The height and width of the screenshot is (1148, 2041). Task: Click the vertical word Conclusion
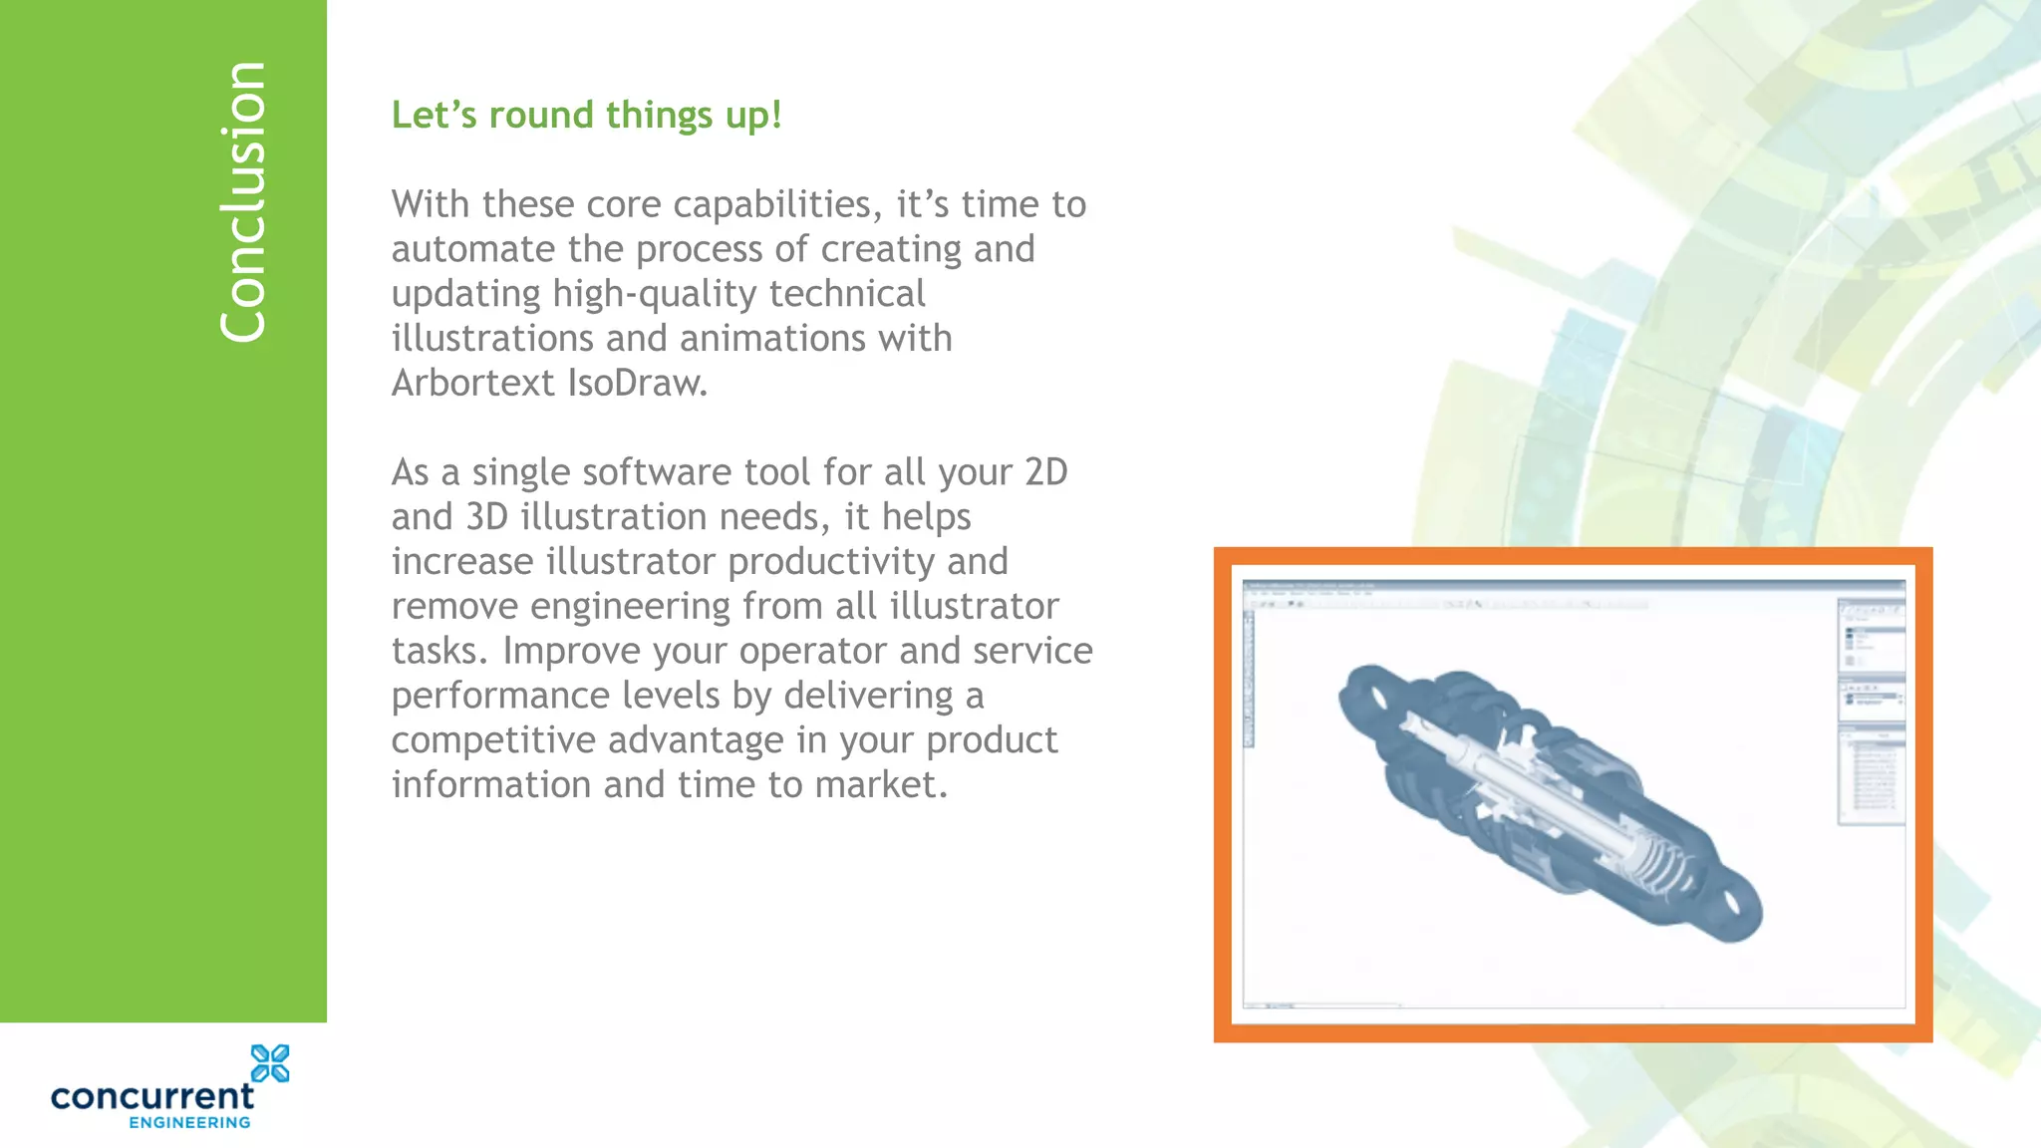click(x=243, y=202)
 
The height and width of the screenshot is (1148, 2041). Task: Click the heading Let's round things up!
click(x=586, y=116)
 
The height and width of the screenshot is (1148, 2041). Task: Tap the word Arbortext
click(x=472, y=383)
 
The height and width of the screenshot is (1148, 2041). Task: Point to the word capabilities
click(x=777, y=205)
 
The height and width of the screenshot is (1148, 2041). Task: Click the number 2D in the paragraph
click(x=1046, y=472)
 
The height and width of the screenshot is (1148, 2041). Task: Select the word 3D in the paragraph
click(x=487, y=517)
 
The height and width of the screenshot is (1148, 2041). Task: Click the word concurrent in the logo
click(x=152, y=1097)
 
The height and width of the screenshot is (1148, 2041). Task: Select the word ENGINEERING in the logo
click(x=189, y=1123)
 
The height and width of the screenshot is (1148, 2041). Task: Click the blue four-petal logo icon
click(x=270, y=1063)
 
